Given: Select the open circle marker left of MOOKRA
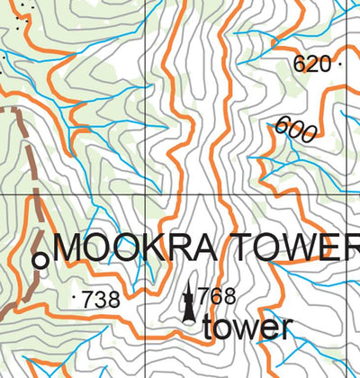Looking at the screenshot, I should [40, 260].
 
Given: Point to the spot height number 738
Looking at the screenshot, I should [101, 301].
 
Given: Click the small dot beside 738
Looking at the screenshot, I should [74, 294].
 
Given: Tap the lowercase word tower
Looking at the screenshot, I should [247, 327].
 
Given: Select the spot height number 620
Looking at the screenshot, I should [311, 64].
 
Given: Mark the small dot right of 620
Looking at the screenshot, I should [340, 65].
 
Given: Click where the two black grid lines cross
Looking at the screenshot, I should [145, 193].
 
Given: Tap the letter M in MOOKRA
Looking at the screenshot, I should [71, 247].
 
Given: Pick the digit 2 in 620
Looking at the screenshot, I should [311, 64].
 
